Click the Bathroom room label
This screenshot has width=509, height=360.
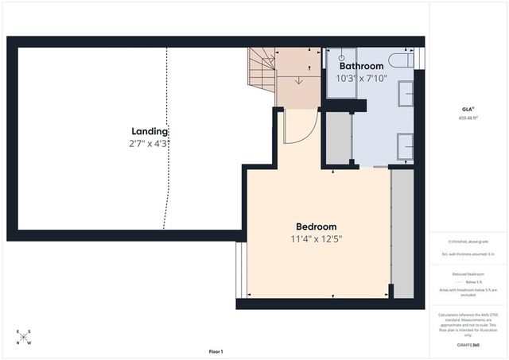[361, 66]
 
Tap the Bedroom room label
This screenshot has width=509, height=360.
[317, 226]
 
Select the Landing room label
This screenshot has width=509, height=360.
[150, 131]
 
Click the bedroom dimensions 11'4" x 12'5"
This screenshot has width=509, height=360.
[317, 238]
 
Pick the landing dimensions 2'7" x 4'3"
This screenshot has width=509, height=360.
[150, 144]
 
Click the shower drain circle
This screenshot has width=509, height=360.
[342, 58]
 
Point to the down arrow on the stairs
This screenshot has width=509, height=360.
[298, 79]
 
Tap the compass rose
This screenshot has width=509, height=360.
[23, 337]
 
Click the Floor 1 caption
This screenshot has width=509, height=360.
[216, 351]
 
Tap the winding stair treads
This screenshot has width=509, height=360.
[262, 68]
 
